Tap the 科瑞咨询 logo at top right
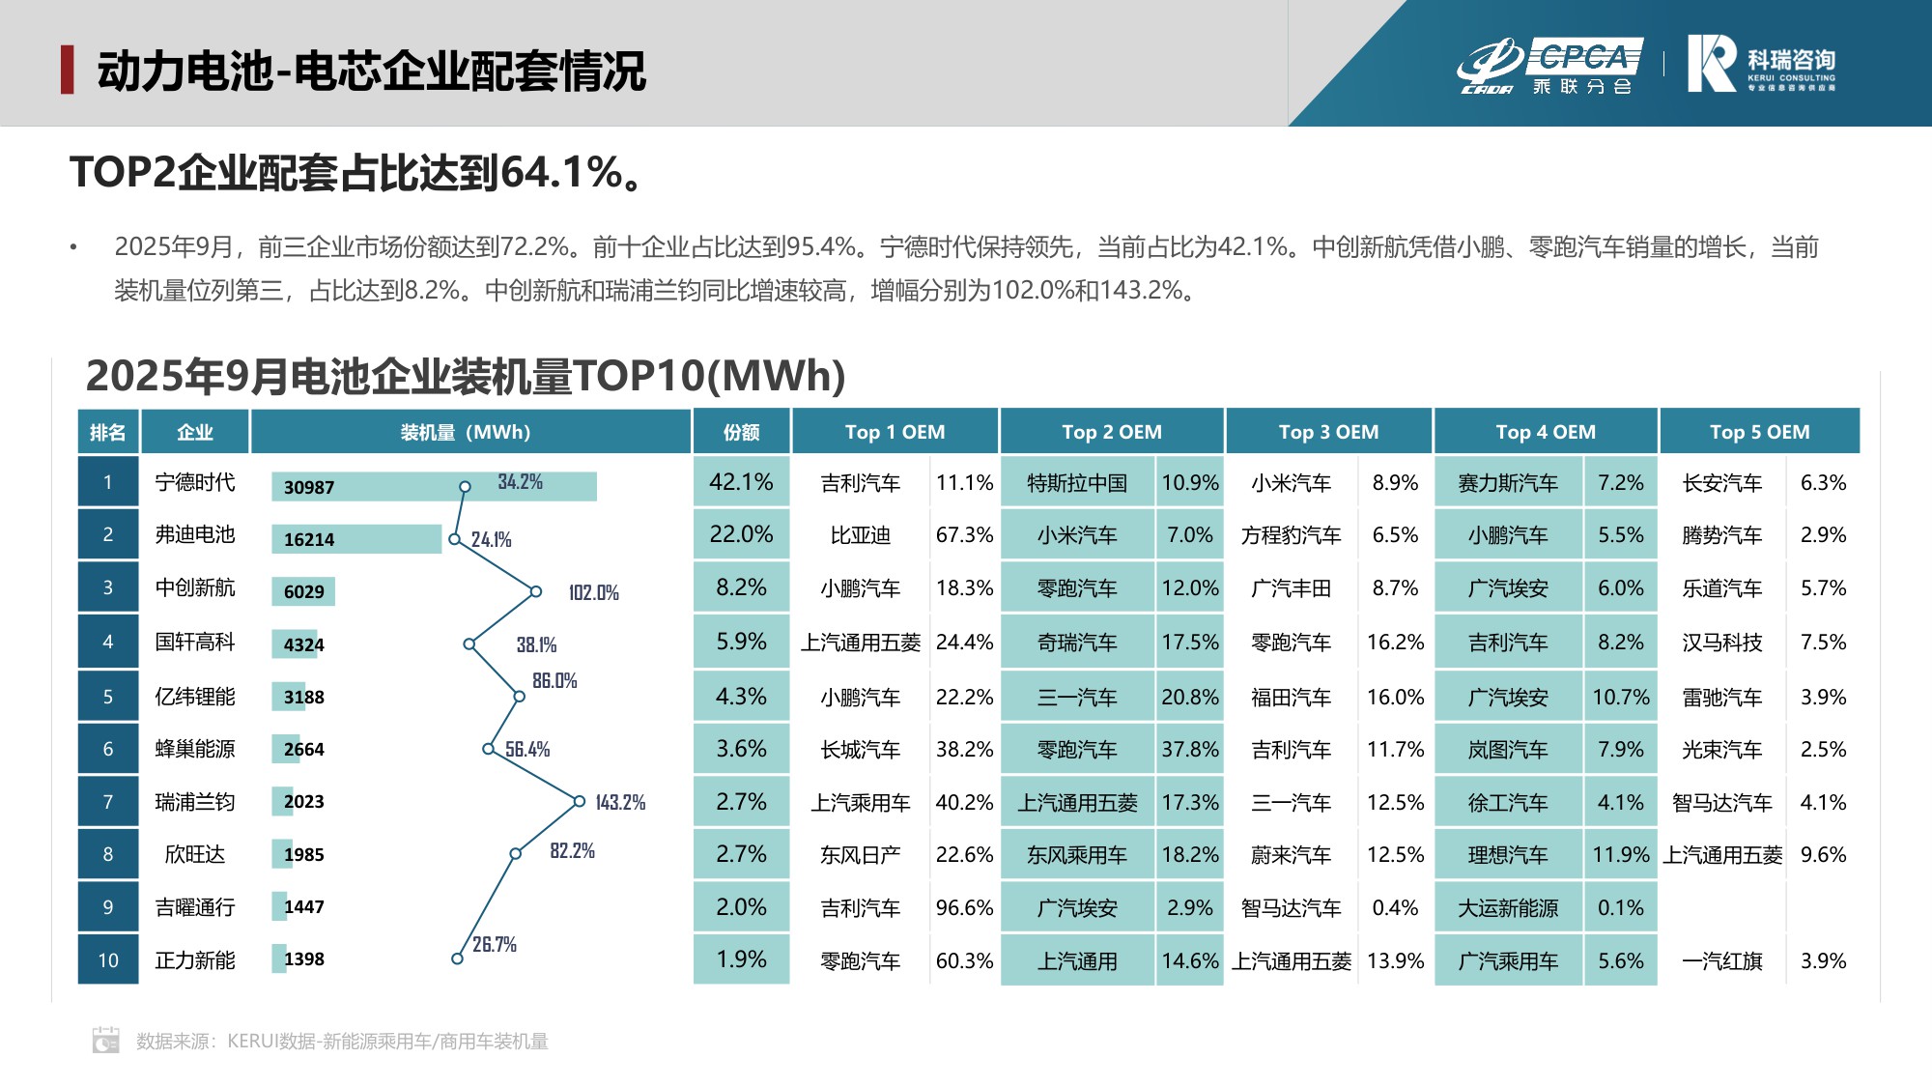pos(1760,65)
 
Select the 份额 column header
pos(741,432)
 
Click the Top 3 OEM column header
pos(1328,432)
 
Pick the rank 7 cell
pos(108,802)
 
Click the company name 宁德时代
pos(195,482)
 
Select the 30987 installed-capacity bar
pos(434,487)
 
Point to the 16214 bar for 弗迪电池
pos(356,539)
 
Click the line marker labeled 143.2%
pos(580,801)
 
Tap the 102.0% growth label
pos(593,592)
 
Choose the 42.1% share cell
pos(741,482)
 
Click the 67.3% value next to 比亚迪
pos(964,535)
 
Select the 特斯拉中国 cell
pos(1077,483)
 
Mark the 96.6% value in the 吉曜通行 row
pos(964,908)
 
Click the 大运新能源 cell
pos(1508,908)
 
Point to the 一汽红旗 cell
pos(1722,961)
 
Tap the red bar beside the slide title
pos(67,70)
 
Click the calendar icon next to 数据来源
pos(106,1040)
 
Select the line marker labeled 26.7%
pos(457,958)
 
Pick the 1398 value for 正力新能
pos(304,959)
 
